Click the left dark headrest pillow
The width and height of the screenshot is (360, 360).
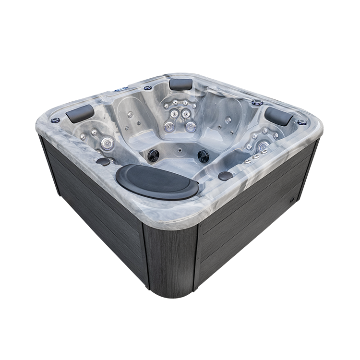(80, 113)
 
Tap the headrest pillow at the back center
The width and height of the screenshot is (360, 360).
(181, 84)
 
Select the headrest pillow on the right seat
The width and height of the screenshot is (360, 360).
(278, 116)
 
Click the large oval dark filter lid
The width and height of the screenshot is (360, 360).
(157, 181)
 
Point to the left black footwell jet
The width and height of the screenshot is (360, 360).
(153, 155)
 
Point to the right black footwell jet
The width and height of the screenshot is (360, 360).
(204, 156)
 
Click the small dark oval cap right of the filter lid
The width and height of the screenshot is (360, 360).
(225, 176)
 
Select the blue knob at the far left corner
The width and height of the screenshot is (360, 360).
(56, 120)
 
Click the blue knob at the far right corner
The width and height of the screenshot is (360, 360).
(301, 122)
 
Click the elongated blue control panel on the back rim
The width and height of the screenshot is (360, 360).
(121, 89)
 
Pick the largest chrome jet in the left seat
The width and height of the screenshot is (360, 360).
(108, 142)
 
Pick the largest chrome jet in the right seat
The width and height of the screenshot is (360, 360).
(262, 145)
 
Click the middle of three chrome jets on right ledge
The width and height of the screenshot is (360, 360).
(255, 157)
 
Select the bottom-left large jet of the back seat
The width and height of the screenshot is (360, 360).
(169, 126)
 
